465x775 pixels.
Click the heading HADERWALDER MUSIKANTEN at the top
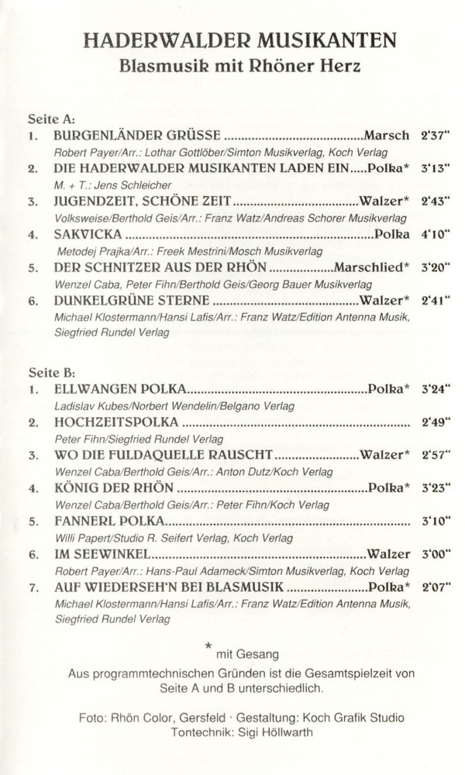239,40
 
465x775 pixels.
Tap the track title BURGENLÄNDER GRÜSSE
137,135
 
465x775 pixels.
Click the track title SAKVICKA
88,233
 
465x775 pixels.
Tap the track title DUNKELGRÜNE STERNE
132,300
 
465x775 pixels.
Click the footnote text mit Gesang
246,656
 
